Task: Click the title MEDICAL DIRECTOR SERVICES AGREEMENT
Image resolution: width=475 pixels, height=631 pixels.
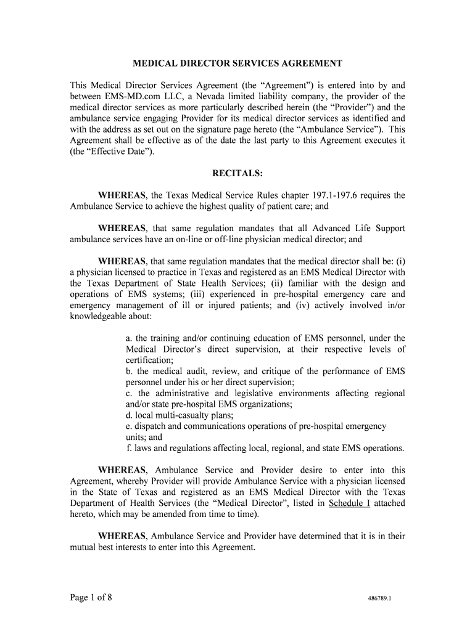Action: tap(238, 63)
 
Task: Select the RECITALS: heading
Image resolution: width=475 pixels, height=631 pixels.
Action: tap(238, 174)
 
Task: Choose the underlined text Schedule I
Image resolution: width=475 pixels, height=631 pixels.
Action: tap(349, 503)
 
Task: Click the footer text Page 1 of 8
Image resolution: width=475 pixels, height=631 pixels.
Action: tap(90, 598)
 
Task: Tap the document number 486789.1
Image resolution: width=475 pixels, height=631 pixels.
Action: tap(383, 599)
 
